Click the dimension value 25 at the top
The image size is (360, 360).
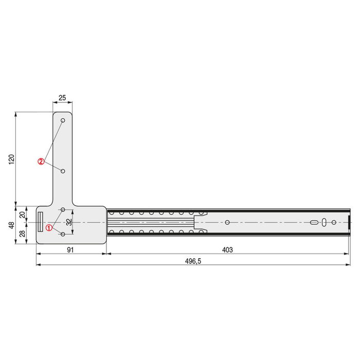click(x=62, y=98)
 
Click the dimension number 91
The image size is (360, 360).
click(x=71, y=250)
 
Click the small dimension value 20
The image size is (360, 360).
click(x=22, y=214)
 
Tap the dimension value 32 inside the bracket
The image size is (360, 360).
click(x=69, y=222)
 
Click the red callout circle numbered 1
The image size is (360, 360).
click(x=49, y=227)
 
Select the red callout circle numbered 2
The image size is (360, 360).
click(x=41, y=161)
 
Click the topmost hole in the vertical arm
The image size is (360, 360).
click(x=63, y=121)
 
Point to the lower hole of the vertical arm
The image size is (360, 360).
click(x=63, y=170)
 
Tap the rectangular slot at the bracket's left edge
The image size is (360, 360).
click(x=40, y=222)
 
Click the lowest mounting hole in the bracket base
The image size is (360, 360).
click(x=63, y=235)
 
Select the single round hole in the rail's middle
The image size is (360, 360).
click(x=227, y=222)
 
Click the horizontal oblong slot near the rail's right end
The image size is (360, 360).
click(x=313, y=222)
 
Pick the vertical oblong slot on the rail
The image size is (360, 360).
click(x=324, y=222)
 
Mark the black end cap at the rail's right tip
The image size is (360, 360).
click(x=349, y=222)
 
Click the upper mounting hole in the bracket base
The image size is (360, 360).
click(x=63, y=210)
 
